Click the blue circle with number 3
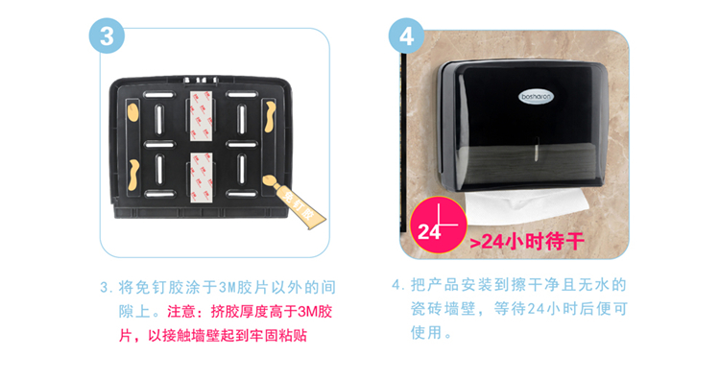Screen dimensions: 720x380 pyautogui.click(x=107, y=36)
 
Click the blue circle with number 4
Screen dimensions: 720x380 pyautogui.click(x=406, y=36)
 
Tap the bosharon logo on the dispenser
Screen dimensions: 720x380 pyautogui.click(x=536, y=97)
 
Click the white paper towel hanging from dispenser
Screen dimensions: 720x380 pyautogui.click(x=527, y=206)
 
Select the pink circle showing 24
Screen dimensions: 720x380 pyautogui.click(x=439, y=226)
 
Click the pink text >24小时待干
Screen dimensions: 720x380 pyautogui.click(x=527, y=242)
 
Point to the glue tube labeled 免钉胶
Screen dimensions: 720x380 pyautogui.click(x=296, y=202)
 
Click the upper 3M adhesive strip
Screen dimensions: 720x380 pyautogui.click(x=202, y=116)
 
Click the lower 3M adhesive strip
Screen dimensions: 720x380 pyautogui.click(x=202, y=178)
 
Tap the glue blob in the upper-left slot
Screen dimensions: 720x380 pyautogui.click(x=132, y=112)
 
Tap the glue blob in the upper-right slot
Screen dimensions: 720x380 pyautogui.click(x=270, y=116)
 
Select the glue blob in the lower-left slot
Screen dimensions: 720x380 pyautogui.click(x=133, y=175)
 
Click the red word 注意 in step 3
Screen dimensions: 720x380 pyautogui.click(x=181, y=312)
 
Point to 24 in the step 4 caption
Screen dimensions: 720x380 pyautogui.click(x=536, y=309)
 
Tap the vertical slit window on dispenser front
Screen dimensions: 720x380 pyautogui.click(x=536, y=149)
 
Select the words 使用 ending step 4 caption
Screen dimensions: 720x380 pyautogui.click(x=426, y=332)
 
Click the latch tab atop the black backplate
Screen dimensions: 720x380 pyautogui.click(x=201, y=80)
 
